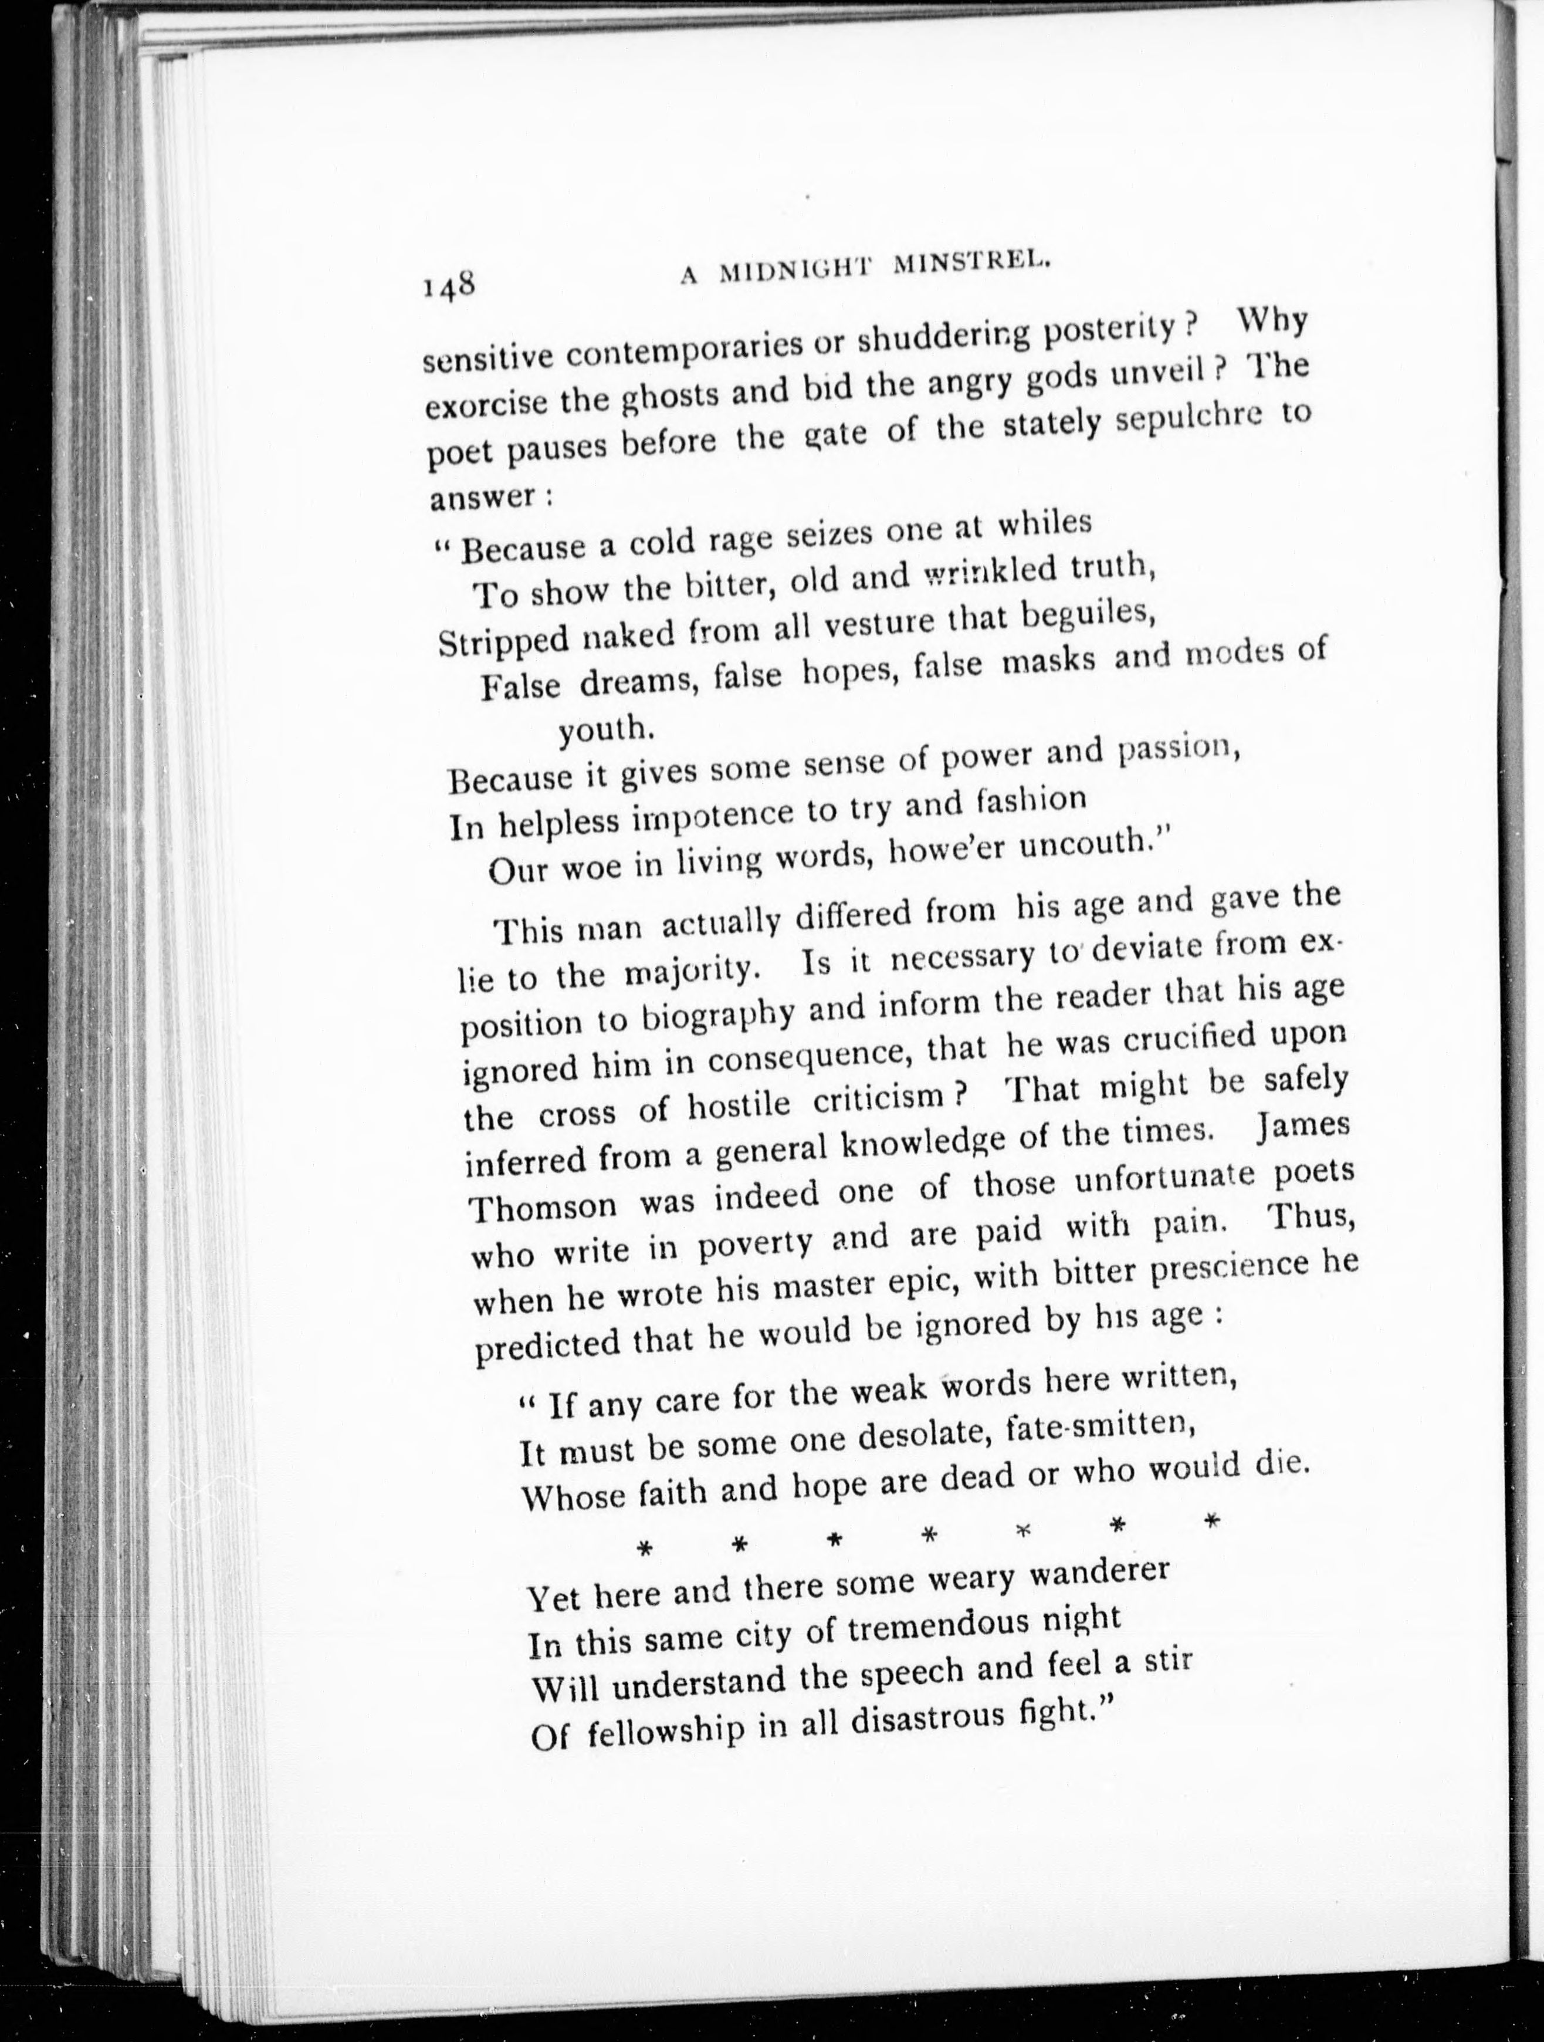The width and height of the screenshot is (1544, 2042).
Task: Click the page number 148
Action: point(449,285)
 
